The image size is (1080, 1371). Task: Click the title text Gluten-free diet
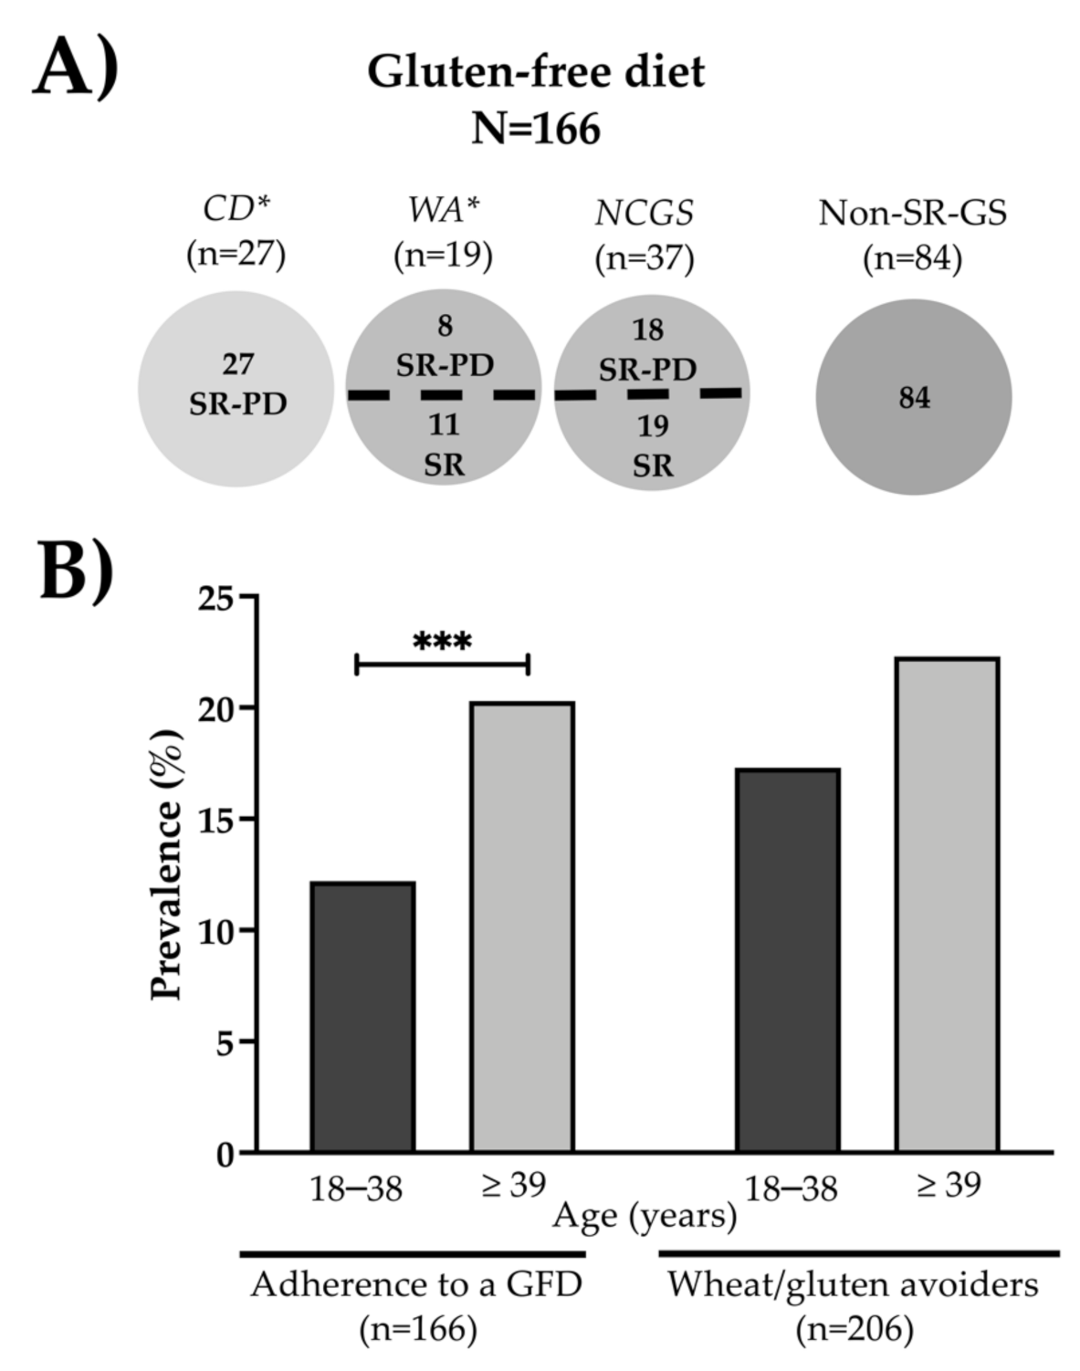pyautogui.click(x=536, y=71)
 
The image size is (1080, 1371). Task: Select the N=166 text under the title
pyautogui.click(x=536, y=129)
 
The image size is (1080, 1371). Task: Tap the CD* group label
pyautogui.click(x=236, y=211)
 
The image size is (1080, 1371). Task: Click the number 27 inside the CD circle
pyautogui.click(x=237, y=364)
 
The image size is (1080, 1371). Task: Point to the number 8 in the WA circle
pyautogui.click(x=445, y=326)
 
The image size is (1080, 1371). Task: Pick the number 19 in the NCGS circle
pyautogui.click(x=652, y=425)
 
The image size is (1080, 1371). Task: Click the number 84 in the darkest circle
pyautogui.click(x=913, y=398)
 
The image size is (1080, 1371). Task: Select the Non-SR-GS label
pyautogui.click(x=912, y=213)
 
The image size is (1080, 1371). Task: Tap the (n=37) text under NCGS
pyautogui.click(x=645, y=258)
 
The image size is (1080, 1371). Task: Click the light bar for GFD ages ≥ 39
pyautogui.click(x=521, y=926)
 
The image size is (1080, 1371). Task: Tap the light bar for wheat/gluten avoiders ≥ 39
pyautogui.click(x=947, y=904)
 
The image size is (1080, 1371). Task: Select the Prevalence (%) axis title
pyautogui.click(x=168, y=863)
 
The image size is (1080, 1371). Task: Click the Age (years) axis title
pyautogui.click(x=645, y=1215)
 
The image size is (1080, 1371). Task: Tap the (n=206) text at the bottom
pyautogui.click(x=854, y=1329)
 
